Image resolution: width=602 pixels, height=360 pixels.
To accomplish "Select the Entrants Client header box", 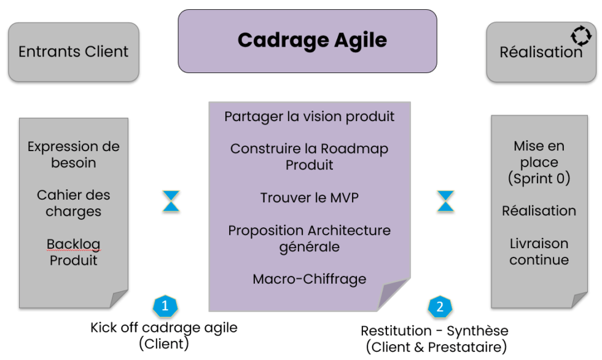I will [74, 52].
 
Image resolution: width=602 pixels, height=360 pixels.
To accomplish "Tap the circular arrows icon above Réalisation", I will [580, 35].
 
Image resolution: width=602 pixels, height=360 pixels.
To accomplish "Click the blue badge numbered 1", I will [164, 305].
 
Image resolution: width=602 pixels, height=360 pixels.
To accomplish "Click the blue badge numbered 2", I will [440, 305].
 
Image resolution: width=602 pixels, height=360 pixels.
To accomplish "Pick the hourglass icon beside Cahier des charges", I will [171, 202].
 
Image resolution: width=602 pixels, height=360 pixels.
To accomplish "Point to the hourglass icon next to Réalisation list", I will [445, 202].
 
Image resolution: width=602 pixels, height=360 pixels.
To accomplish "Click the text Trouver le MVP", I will [309, 198].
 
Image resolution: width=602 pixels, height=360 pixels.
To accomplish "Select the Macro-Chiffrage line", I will [309, 279].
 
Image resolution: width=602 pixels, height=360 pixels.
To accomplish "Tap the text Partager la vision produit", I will [309, 116].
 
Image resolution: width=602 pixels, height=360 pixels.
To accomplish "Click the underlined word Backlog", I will [73, 244].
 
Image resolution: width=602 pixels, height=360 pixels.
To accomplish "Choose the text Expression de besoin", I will [73, 155].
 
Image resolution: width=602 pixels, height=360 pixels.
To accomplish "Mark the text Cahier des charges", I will [73, 203].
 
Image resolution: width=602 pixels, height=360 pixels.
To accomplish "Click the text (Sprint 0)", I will [539, 179].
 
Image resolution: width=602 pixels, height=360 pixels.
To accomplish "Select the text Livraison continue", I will [539, 252].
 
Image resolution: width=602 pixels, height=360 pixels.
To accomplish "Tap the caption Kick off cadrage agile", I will [163, 327].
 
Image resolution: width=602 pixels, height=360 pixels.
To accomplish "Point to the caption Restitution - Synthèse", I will [434, 331].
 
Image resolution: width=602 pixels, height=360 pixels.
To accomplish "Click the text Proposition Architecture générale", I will [309, 238].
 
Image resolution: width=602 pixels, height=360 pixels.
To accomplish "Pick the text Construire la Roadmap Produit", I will [309, 157].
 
